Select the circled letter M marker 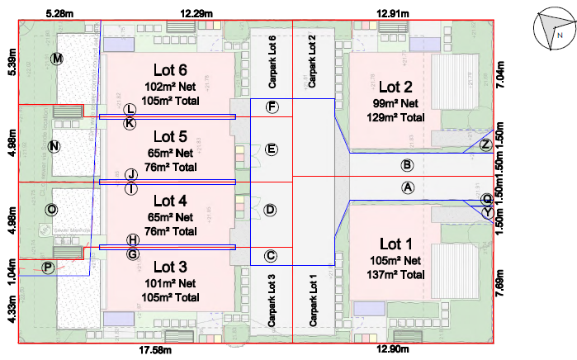pyautogui.click(x=57, y=59)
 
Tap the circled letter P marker pyautogui.click(x=48, y=267)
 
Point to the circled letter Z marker pyautogui.click(x=486, y=145)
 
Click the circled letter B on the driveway pyautogui.click(x=407, y=165)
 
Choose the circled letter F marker pyautogui.click(x=272, y=107)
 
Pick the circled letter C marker pyautogui.click(x=271, y=256)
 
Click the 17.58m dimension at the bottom pyautogui.click(x=155, y=351)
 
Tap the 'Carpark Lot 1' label pyautogui.click(x=313, y=299)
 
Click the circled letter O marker pyautogui.click(x=51, y=211)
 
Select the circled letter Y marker pyautogui.click(x=487, y=212)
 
